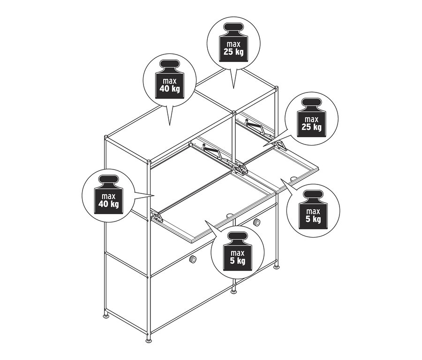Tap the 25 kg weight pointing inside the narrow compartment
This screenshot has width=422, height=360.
point(310,120)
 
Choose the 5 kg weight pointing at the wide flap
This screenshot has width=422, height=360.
point(234,254)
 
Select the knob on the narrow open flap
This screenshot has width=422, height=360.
point(293,179)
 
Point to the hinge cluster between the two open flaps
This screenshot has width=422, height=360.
point(240,168)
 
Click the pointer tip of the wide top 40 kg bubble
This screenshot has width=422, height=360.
point(169,125)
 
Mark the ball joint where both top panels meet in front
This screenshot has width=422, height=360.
point(233,112)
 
